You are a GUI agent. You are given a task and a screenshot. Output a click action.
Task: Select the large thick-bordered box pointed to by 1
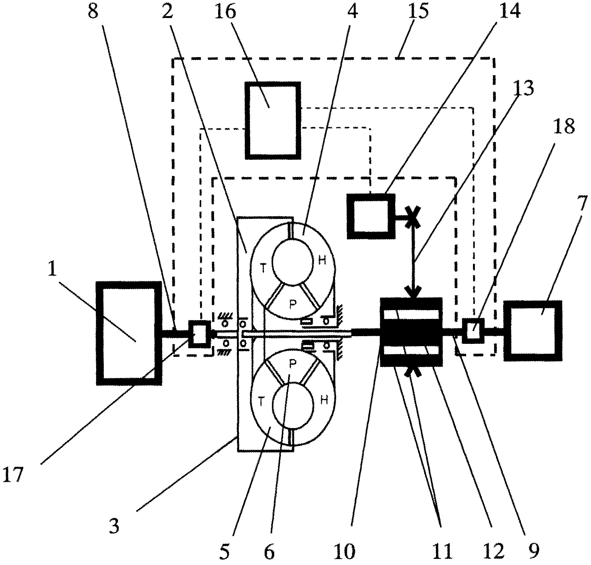[x=128, y=333]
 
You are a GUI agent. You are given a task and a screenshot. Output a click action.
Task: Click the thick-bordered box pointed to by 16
[x=273, y=120]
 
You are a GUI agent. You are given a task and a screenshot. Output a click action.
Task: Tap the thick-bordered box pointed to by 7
[x=533, y=330]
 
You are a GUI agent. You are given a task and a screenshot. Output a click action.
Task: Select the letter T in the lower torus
[x=261, y=401]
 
